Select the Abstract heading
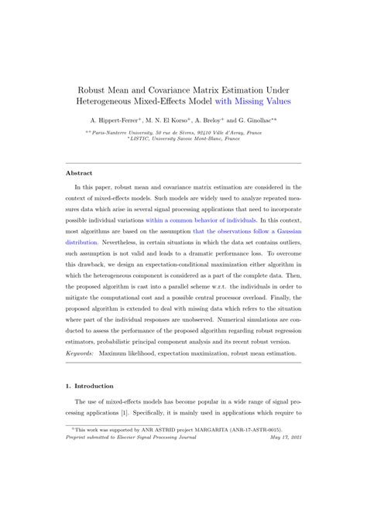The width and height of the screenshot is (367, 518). tap(80, 173)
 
